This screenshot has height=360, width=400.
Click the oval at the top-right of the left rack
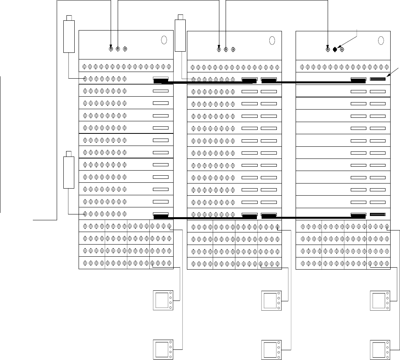click(x=164, y=40)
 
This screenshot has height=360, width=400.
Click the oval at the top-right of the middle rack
click(x=273, y=40)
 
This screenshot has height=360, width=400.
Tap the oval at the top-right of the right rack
click(x=382, y=40)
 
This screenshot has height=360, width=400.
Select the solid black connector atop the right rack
click(x=335, y=49)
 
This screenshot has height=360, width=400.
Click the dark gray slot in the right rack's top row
click(x=378, y=79)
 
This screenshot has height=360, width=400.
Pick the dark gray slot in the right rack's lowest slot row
click(x=378, y=214)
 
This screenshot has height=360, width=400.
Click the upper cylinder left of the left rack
click(x=69, y=36)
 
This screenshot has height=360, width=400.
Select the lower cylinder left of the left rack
click(x=69, y=171)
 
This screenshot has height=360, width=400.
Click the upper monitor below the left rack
click(x=162, y=301)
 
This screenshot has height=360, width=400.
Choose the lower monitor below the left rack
click(x=162, y=350)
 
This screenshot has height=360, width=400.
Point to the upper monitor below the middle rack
click(x=271, y=301)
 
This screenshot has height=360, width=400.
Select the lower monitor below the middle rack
click(x=271, y=350)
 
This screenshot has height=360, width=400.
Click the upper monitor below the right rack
click(x=380, y=301)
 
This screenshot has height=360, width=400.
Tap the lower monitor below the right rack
click(x=380, y=350)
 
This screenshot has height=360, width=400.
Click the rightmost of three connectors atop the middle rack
click(x=233, y=49)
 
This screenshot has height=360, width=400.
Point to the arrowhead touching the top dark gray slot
click(x=387, y=77)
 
